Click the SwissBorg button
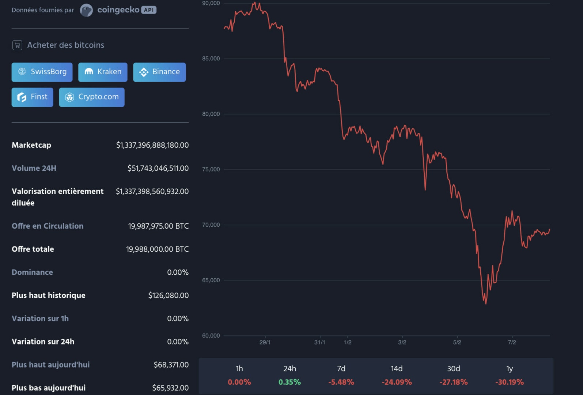pos(42,72)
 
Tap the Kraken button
pos(103,72)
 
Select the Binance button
pos(159,72)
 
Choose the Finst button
pos(32,97)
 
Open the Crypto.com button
pos(92,97)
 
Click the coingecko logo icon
pos(86,10)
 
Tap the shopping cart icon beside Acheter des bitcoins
pos(17,45)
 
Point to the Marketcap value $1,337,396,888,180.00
pos(152,145)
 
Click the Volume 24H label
pos(34,168)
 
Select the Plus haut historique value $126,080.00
pos(168,296)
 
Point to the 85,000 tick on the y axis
pos(211,59)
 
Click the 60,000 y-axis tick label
pos(211,336)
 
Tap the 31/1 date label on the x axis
pos(319,342)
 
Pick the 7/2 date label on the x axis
pos(512,342)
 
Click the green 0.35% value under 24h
pos(289,382)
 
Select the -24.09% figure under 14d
pos(397,382)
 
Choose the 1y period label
pos(509,369)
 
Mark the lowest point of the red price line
pos(486,304)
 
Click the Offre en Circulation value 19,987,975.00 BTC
pos(158,226)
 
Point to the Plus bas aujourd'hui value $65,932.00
pos(170,388)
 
